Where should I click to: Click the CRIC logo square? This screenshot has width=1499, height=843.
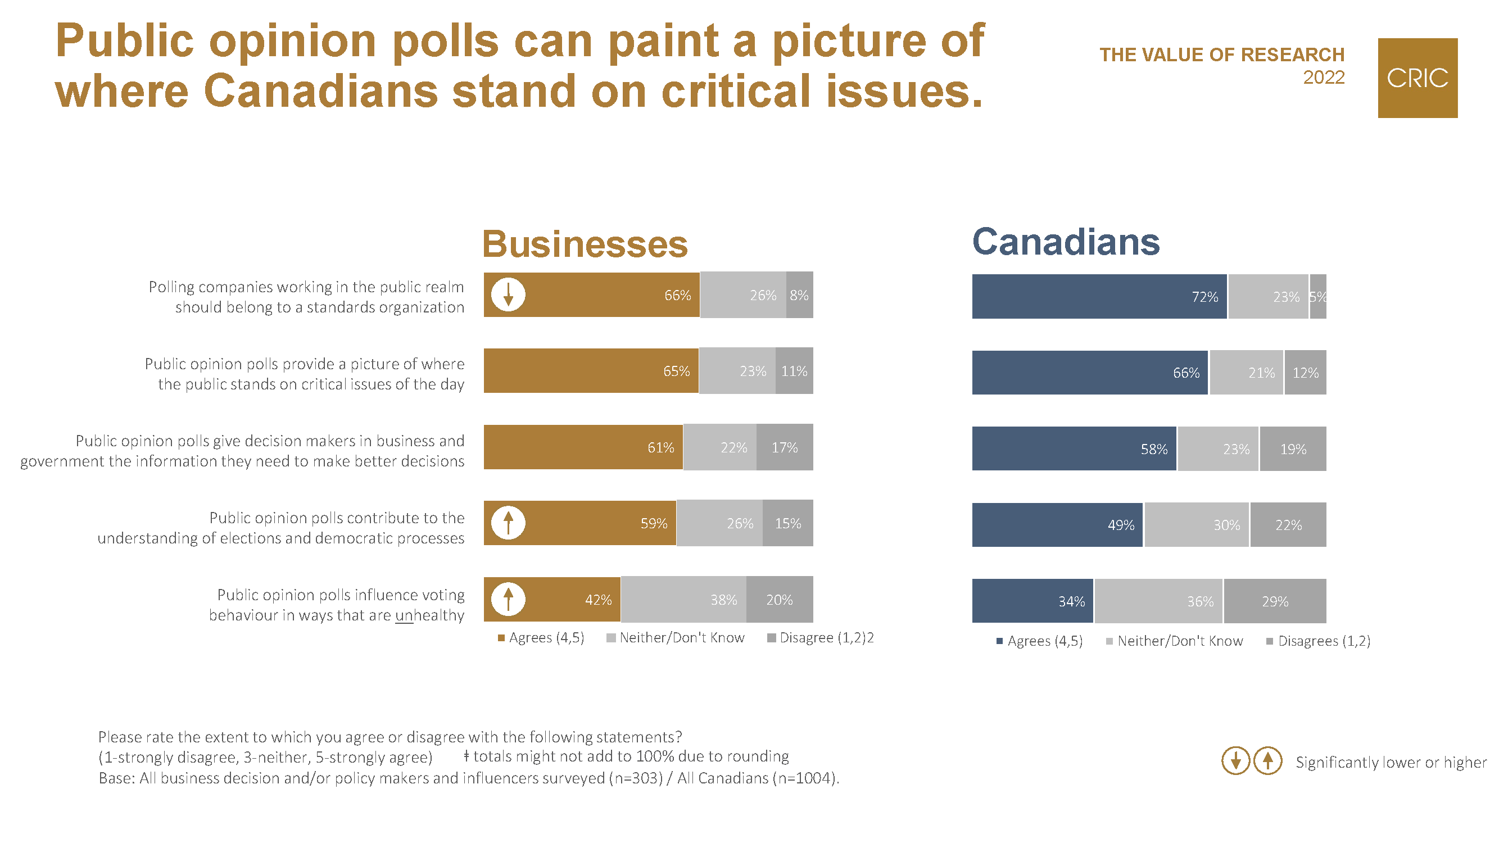1417,78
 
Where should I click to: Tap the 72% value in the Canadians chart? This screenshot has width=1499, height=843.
1204,297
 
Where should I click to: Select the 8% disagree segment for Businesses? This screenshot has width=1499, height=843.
799,295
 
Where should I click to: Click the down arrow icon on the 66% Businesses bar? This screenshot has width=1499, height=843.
508,294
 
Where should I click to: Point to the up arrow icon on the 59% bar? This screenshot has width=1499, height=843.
508,523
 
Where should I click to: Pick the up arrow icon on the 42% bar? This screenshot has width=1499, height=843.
508,599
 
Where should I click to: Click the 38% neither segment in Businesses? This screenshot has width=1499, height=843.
684,599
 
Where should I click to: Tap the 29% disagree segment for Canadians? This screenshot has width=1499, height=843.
1274,601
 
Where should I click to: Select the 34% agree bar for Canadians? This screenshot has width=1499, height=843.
1032,601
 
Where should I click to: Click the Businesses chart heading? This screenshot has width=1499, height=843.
585,244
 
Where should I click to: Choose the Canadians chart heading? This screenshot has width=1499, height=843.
1066,242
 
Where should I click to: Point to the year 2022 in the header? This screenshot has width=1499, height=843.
1323,78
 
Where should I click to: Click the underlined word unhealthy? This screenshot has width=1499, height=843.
429,615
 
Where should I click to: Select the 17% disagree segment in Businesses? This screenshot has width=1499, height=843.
785,447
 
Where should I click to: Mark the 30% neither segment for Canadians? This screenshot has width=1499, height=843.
1197,525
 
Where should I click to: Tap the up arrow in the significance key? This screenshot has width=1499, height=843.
1267,760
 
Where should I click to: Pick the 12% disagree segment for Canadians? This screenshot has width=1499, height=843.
1305,373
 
